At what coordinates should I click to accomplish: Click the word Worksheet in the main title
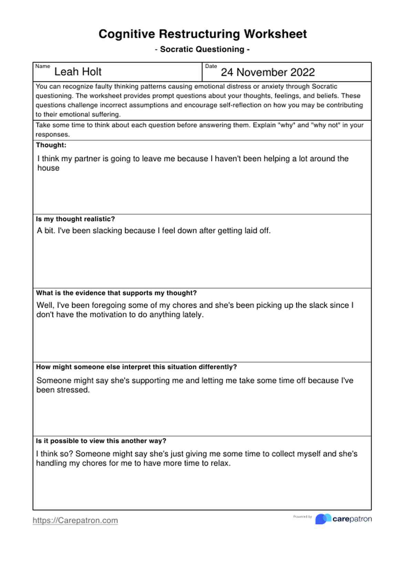(x=275, y=34)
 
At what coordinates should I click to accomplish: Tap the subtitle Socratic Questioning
(x=202, y=49)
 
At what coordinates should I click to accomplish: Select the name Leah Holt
(x=78, y=72)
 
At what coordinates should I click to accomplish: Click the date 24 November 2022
(x=268, y=72)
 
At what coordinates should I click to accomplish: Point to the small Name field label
(x=43, y=66)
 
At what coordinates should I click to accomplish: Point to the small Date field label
(x=211, y=66)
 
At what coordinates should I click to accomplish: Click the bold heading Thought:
(x=51, y=145)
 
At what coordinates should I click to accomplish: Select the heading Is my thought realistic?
(x=75, y=219)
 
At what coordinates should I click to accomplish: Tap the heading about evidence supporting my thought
(x=116, y=293)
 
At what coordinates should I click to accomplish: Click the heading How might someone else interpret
(x=136, y=367)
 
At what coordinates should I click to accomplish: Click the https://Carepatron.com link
(x=75, y=520)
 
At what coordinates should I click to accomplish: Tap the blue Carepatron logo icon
(x=323, y=519)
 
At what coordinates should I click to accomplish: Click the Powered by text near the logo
(x=302, y=517)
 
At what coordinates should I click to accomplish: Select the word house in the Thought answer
(x=48, y=168)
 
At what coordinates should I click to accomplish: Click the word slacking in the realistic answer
(x=107, y=231)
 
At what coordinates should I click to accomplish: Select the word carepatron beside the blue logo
(x=352, y=519)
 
